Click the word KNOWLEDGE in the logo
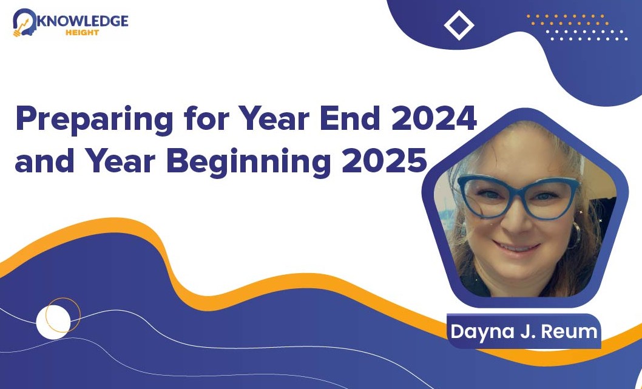[x=83, y=21]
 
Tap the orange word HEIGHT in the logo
[x=83, y=32]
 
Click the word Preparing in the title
[x=94, y=120]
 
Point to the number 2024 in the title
[x=434, y=118]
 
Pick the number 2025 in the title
[x=384, y=160]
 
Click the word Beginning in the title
[x=248, y=162]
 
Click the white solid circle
[x=53, y=322]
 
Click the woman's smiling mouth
[x=517, y=247]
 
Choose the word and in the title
[x=44, y=160]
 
